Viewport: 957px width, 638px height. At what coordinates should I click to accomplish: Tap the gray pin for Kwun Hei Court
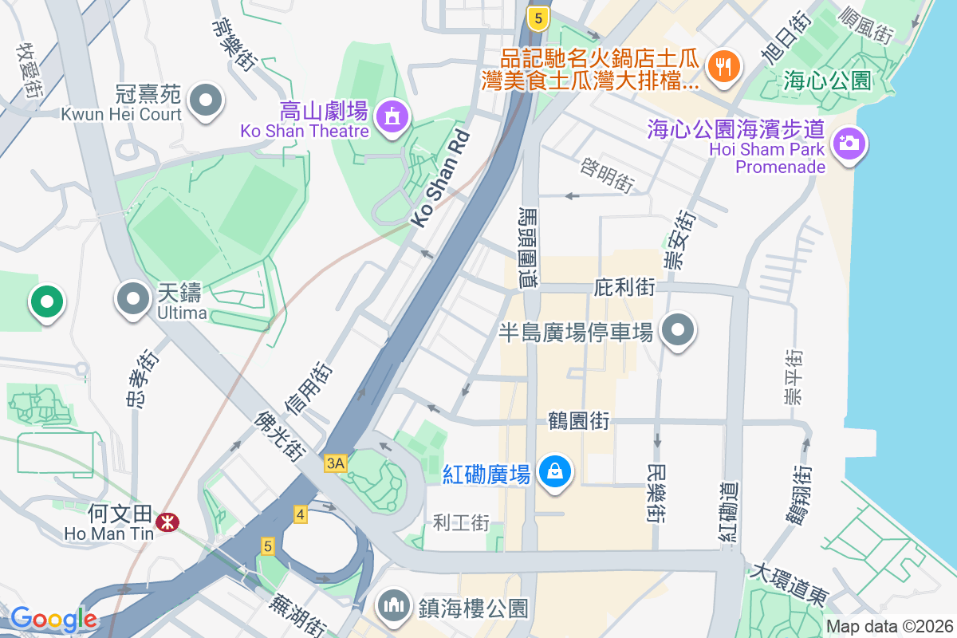click(207, 100)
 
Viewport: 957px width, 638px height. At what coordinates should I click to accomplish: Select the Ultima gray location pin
click(133, 300)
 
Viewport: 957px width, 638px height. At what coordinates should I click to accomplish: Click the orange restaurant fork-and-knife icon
click(724, 65)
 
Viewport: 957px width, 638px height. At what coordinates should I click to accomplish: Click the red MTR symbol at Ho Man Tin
click(167, 522)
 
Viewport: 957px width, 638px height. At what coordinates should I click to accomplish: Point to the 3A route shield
click(336, 463)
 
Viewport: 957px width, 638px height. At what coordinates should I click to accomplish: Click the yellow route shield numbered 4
click(301, 514)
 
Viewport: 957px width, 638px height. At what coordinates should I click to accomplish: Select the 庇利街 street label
click(624, 287)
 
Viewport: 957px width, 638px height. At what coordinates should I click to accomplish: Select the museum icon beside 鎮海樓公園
click(393, 605)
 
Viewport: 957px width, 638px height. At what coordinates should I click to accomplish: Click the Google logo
click(53, 619)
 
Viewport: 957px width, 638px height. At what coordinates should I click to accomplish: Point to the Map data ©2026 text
click(889, 627)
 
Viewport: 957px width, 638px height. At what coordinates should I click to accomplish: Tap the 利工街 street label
click(461, 523)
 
